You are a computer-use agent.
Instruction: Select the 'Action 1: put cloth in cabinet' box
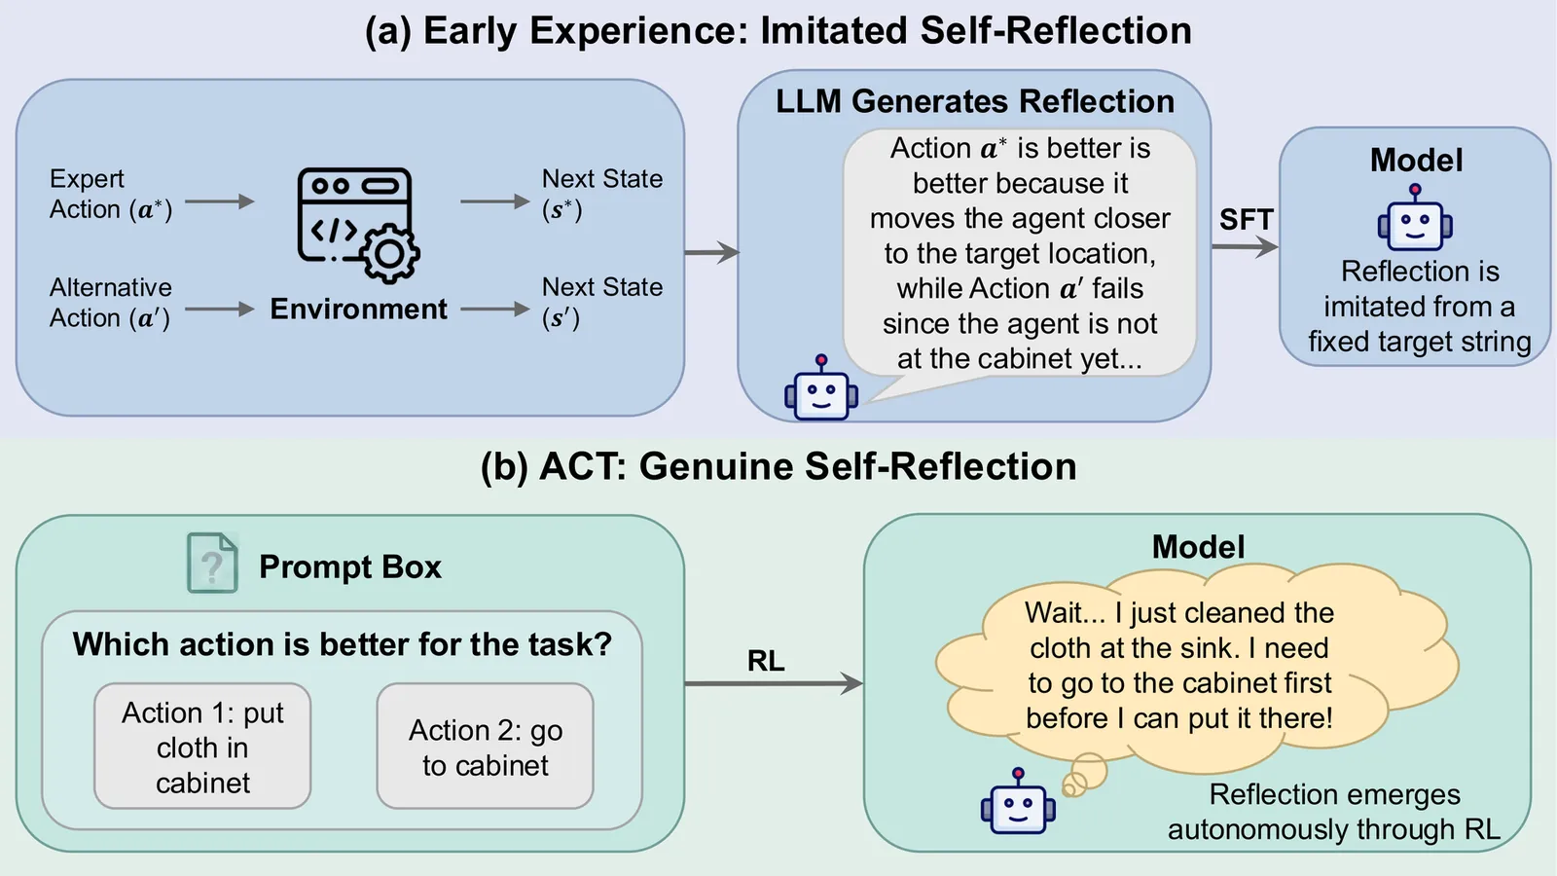coord(202,747)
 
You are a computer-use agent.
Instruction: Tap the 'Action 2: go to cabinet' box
coord(485,747)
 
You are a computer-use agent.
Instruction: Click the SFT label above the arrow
coord(1246,220)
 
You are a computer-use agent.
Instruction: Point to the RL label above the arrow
coord(766,662)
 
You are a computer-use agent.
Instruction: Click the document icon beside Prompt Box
coord(212,564)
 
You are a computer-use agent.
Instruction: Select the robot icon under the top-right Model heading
coord(1415,220)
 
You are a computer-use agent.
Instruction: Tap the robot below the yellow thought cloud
coord(1018,804)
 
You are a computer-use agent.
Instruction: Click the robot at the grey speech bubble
coord(820,390)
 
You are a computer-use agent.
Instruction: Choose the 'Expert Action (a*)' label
coord(110,195)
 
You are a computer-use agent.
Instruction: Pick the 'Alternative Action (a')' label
coord(110,303)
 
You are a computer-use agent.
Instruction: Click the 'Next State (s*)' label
coord(601,195)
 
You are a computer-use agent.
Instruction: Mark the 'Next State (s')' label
coord(601,303)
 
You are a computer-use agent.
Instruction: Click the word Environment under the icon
coord(358,310)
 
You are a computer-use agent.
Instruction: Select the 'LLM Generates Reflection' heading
coord(974,102)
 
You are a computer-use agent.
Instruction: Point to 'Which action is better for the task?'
coord(342,644)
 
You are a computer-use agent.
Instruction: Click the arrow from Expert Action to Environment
coord(219,202)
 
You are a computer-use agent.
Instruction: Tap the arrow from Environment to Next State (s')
coord(494,310)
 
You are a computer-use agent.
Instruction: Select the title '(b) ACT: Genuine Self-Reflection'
coord(778,467)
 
